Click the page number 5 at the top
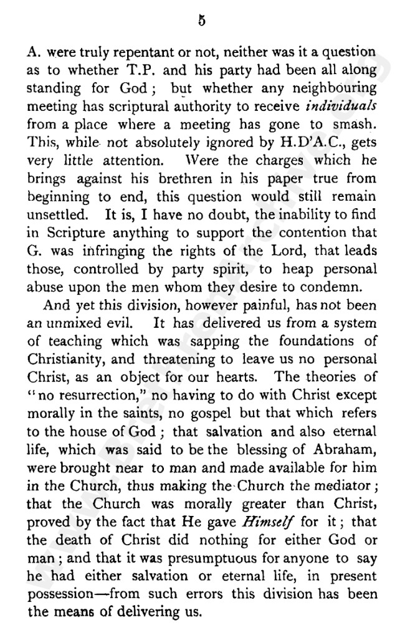201,20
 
